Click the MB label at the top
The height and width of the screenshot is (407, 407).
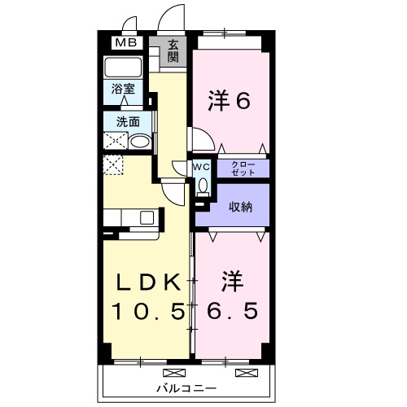click(125, 43)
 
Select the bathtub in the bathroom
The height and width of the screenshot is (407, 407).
click(125, 67)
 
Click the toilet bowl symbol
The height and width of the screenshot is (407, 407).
click(203, 186)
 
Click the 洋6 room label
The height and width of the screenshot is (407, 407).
click(227, 102)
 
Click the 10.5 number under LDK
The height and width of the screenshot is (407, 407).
click(148, 310)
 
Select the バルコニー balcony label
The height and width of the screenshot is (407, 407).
click(186, 388)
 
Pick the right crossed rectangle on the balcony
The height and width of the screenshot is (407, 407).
click(243, 373)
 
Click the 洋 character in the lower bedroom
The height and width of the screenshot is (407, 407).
click(230, 282)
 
